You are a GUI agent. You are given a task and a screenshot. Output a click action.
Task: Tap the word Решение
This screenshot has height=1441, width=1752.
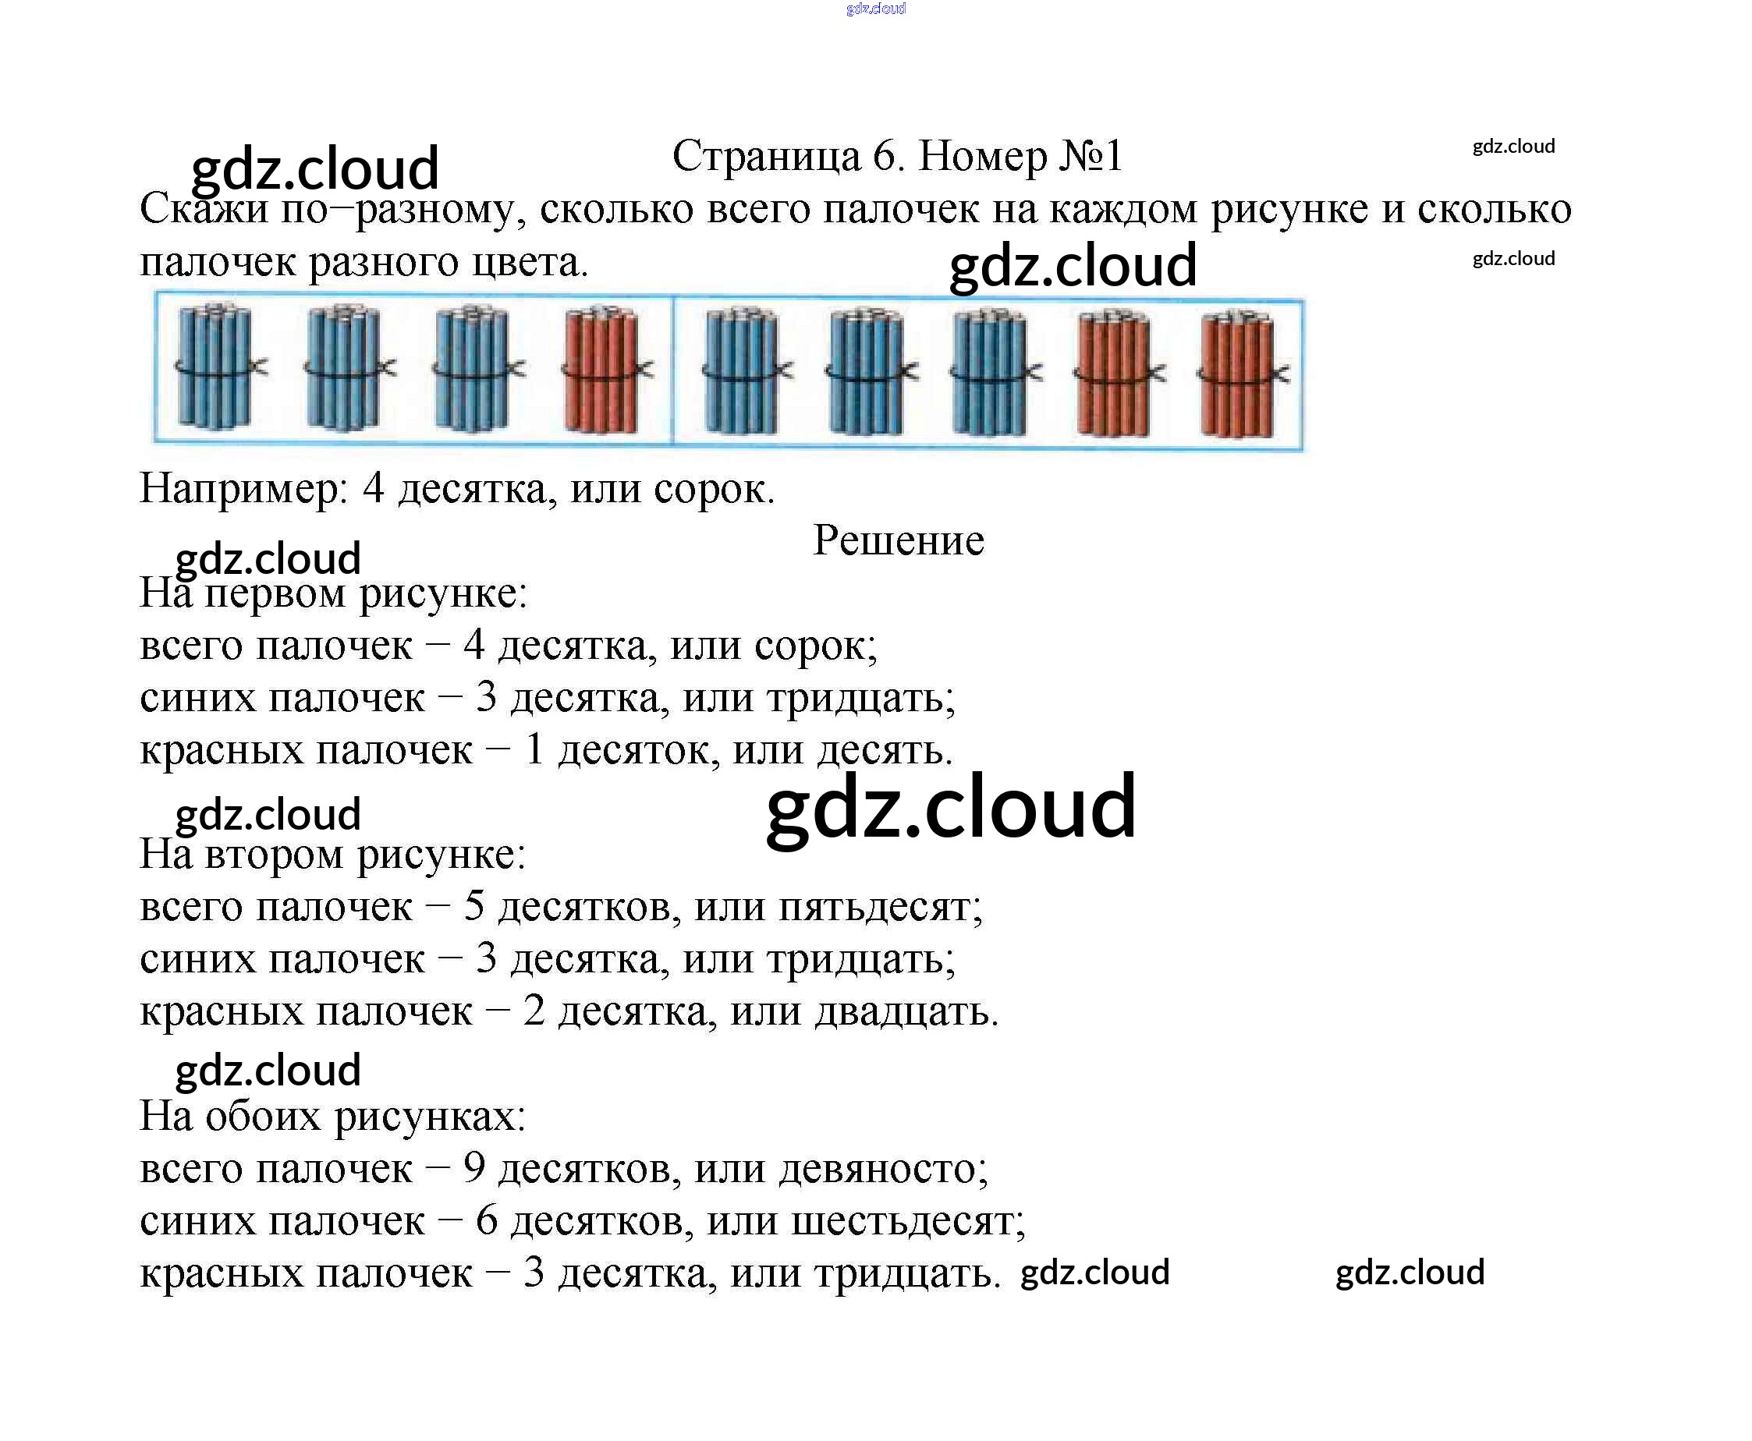coord(898,540)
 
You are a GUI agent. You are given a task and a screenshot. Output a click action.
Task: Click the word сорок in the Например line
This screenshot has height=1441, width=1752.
coord(712,488)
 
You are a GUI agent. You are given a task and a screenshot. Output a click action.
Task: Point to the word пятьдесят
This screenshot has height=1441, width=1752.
coord(879,905)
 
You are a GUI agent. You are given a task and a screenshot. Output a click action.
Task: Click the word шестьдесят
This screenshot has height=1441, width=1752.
coord(907,1220)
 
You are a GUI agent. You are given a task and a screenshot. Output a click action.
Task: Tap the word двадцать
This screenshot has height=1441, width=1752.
coord(905,1011)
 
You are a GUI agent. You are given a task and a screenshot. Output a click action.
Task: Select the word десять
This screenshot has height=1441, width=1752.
coord(884,749)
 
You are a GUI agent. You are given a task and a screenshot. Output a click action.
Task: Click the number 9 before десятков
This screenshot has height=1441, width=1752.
coord(473,1168)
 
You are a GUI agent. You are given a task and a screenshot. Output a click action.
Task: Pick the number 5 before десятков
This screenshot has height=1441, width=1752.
coord(473,905)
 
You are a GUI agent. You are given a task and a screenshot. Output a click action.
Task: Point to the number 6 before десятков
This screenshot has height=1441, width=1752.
coord(486,1220)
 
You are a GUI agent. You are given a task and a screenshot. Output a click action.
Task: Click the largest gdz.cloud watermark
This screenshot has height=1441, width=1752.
coord(950,806)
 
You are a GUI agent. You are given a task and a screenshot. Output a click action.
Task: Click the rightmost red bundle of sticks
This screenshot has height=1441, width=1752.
coord(1237,374)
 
